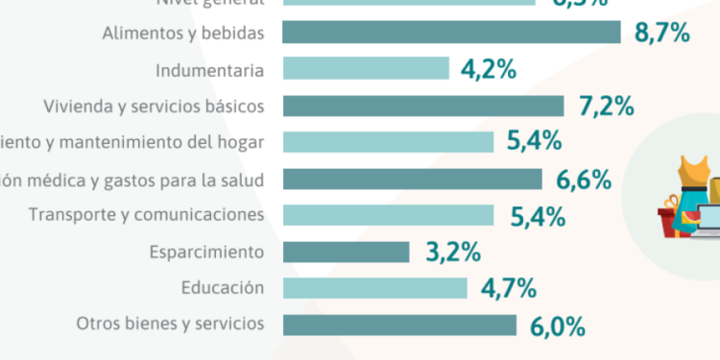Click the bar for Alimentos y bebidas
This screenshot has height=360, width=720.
point(451,33)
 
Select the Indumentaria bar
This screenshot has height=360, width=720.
point(366,69)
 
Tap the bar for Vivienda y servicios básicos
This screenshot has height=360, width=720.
point(423,106)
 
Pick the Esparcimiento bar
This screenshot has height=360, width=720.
point(346,252)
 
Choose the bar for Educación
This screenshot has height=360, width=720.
point(374,288)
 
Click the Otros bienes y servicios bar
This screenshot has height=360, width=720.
point(399,324)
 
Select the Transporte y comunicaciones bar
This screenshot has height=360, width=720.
point(388,215)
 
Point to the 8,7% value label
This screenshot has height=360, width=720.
point(662,33)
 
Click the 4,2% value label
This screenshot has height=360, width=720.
point(491,69)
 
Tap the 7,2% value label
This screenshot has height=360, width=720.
point(606,106)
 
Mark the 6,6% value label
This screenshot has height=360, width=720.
point(585,179)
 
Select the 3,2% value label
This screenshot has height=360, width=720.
point(451,252)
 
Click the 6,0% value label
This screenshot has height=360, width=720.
point(558,324)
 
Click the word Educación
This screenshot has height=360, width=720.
point(222,288)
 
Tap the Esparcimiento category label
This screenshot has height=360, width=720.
point(205,252)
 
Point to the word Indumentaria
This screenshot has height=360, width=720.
point(209,69)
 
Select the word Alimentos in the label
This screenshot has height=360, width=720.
point(140,33)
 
